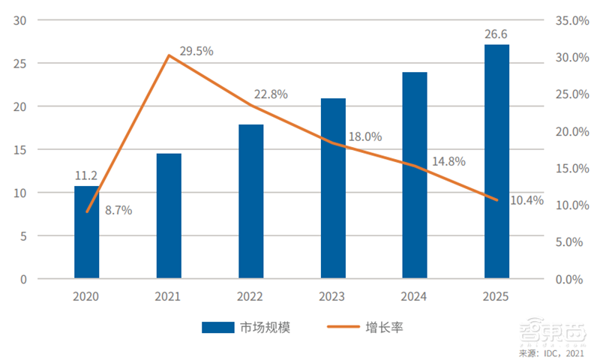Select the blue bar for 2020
(86, 232)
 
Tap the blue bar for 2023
(333, 188)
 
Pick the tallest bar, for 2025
(496, 161)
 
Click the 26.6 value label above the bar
(496, 34)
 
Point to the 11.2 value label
(86, 175)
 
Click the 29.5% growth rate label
(196, 51)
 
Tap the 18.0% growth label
(365, 136)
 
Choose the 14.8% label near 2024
(448, 161)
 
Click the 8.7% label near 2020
(118, 211)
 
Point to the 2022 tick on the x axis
(250, 296)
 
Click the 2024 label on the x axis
(415, 296)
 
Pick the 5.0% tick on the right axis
(571, 242)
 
